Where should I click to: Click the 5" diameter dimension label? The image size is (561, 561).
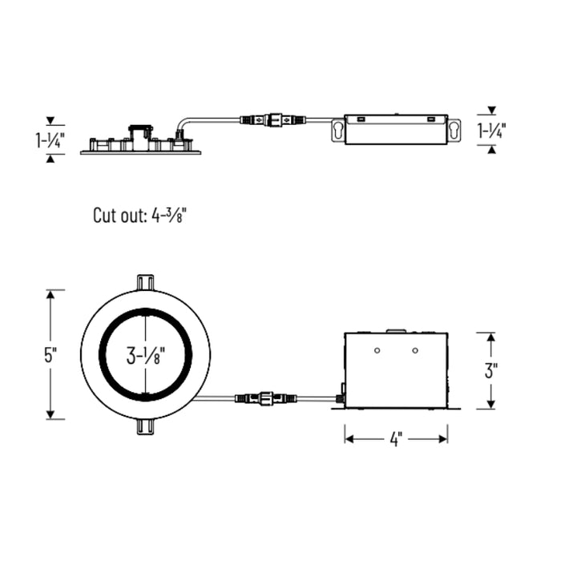coord(50,355)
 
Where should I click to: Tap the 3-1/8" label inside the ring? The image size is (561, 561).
coord(145,356)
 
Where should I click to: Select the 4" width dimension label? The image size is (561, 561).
coord(396,439)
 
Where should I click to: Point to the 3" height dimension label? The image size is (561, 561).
coord(491,370)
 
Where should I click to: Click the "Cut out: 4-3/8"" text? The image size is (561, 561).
coord(140,216)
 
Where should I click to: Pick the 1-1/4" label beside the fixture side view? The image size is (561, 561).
coord(50,140)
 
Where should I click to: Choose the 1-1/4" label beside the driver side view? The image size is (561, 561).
coord(492,130)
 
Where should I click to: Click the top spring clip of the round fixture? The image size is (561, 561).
coord(145,283)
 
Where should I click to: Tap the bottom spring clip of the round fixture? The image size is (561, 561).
coord(145,427)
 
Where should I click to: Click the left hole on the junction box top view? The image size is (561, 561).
coord(377,350)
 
